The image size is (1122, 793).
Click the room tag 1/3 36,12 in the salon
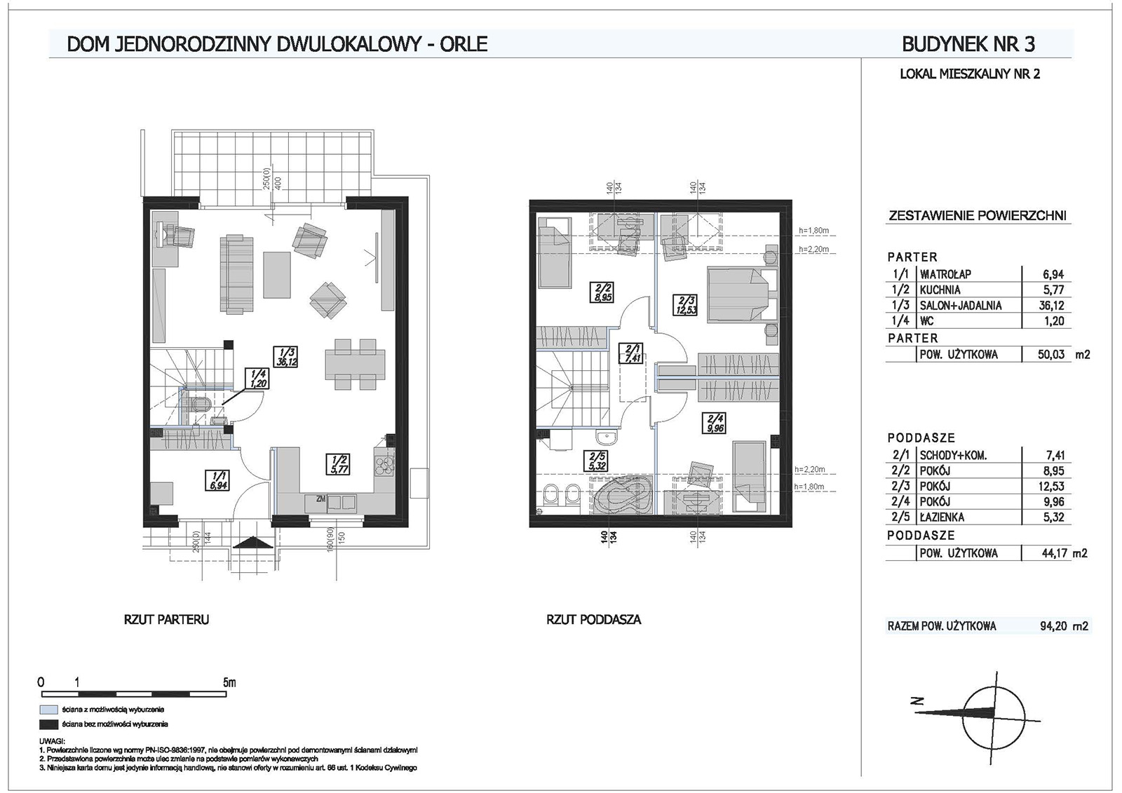(x=284, y=357)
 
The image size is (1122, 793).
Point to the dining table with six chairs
(x=355, y=364)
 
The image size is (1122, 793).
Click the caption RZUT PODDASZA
(x=593, y=620)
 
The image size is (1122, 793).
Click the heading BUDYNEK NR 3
(x=968, y=44)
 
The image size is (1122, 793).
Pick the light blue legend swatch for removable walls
(x=48, y=710)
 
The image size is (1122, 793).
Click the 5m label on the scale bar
(x=229, y=682)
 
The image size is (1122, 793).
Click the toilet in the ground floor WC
(x=201, y=405)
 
